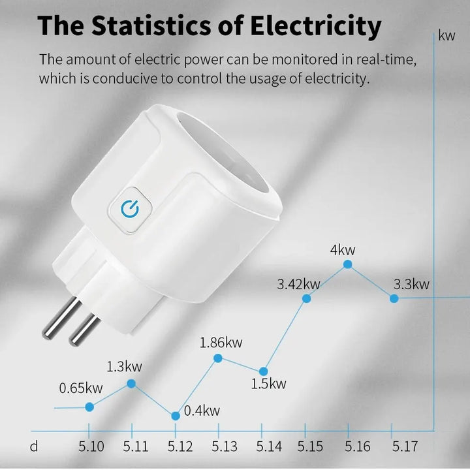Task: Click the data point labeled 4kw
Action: [x=347, y=264]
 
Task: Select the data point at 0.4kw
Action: [x=175, y=416]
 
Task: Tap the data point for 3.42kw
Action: [x=306, y=298]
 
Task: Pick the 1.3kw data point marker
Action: [x=131, y=384]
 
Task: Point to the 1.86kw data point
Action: [x=218, y=358]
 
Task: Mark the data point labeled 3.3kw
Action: [x=394, y=298]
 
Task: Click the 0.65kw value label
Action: [x=81, y=388]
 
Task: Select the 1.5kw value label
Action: [x=268, y=383]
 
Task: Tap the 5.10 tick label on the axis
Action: [x=91, y=446]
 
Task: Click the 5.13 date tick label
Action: [x=225, y=446]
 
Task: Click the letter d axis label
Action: [x=34, y=446]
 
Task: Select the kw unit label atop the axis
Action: [x=447, y=36]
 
